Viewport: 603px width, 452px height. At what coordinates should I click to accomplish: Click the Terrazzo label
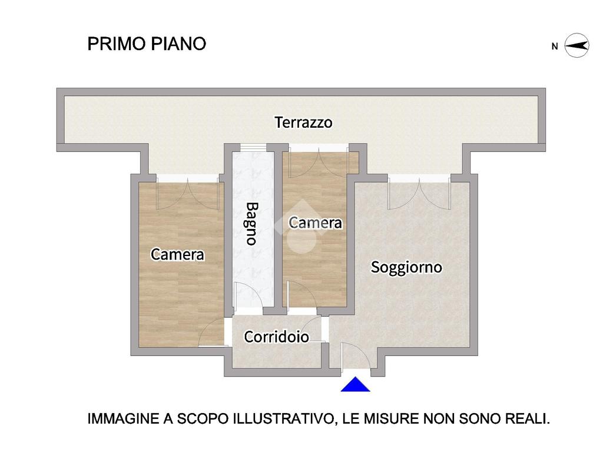coord(303,122)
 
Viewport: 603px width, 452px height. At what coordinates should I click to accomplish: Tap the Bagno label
coord(252,224)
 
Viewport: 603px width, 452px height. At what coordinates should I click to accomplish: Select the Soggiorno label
coord(406,268)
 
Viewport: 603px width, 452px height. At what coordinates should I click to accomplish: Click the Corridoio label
coord(276,337)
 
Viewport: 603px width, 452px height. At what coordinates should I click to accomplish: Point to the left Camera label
coord(177,254)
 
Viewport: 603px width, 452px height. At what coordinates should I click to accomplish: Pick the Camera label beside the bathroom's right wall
coord(315,223)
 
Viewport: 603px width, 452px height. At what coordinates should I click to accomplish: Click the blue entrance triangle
coord(355,384)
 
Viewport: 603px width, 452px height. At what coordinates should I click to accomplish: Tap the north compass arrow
coord(577,46)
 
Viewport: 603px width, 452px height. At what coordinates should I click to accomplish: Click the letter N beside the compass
coord(555,46)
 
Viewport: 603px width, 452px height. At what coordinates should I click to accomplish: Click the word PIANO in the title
coord(178,44)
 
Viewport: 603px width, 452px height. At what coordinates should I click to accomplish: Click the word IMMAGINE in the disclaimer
coord(124,418)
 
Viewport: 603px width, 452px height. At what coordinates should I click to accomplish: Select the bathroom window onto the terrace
coord(253,148)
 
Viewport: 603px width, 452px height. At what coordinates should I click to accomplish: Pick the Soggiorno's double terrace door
coord(419,194)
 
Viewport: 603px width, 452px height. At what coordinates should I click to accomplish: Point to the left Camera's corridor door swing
coord(212,332)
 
